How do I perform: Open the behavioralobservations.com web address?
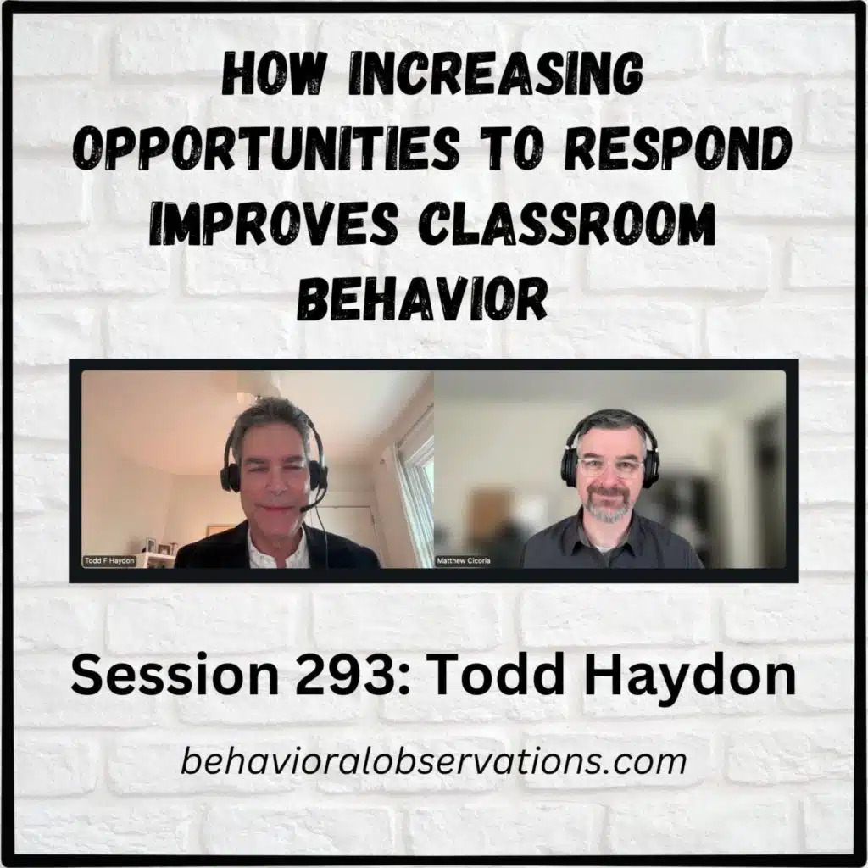click(x=433, y=760)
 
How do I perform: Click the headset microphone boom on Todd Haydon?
click(x=312, y=505)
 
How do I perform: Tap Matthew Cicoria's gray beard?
click(x=609, y=509)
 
